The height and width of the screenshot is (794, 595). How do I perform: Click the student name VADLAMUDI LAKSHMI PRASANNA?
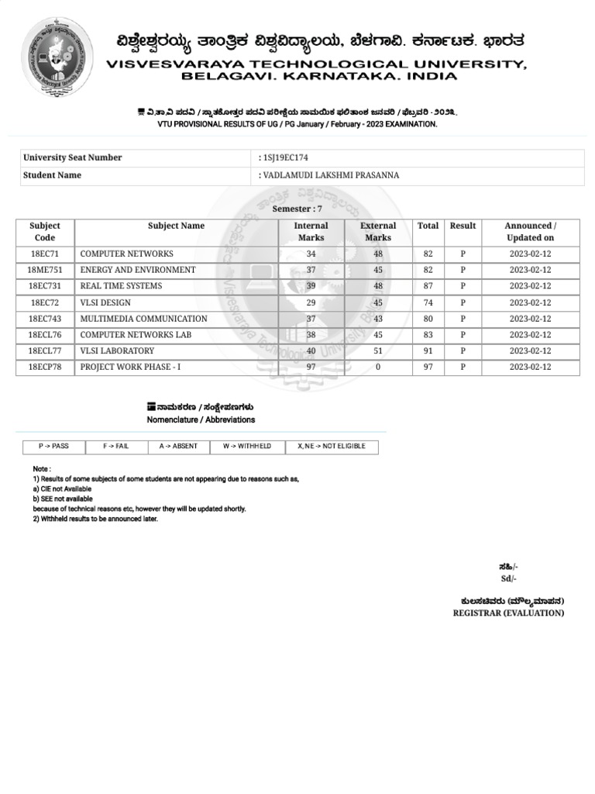point(332,175)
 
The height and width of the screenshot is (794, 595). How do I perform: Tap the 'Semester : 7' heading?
point(297,209)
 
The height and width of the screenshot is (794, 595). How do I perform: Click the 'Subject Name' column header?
point(177,226)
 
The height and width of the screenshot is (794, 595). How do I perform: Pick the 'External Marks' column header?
point(378,232)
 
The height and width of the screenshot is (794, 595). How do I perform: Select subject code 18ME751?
point(45,270)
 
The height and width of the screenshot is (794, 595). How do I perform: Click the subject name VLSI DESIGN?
point(105,302)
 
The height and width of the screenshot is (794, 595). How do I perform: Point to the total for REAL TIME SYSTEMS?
point(428,286)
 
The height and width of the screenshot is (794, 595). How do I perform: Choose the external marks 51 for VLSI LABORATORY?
point(378,350)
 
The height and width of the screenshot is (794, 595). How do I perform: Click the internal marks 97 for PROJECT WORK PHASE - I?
point(311,367)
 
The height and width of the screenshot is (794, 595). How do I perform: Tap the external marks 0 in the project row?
point(378,367)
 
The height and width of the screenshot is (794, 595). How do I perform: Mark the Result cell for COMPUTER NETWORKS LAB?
point(463,335)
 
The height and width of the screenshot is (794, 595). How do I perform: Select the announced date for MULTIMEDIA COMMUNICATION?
point(530,319)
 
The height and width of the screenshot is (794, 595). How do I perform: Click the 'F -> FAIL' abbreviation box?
point(116,447)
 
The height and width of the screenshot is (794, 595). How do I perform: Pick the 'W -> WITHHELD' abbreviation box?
point(247,447)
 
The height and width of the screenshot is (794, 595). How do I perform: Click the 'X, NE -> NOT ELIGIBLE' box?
point(332,447)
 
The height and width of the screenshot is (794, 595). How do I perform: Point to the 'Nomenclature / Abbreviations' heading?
point(201,419)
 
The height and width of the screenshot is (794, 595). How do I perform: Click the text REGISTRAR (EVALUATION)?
point(508,613)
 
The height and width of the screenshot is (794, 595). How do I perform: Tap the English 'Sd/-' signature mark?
point(508,578)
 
